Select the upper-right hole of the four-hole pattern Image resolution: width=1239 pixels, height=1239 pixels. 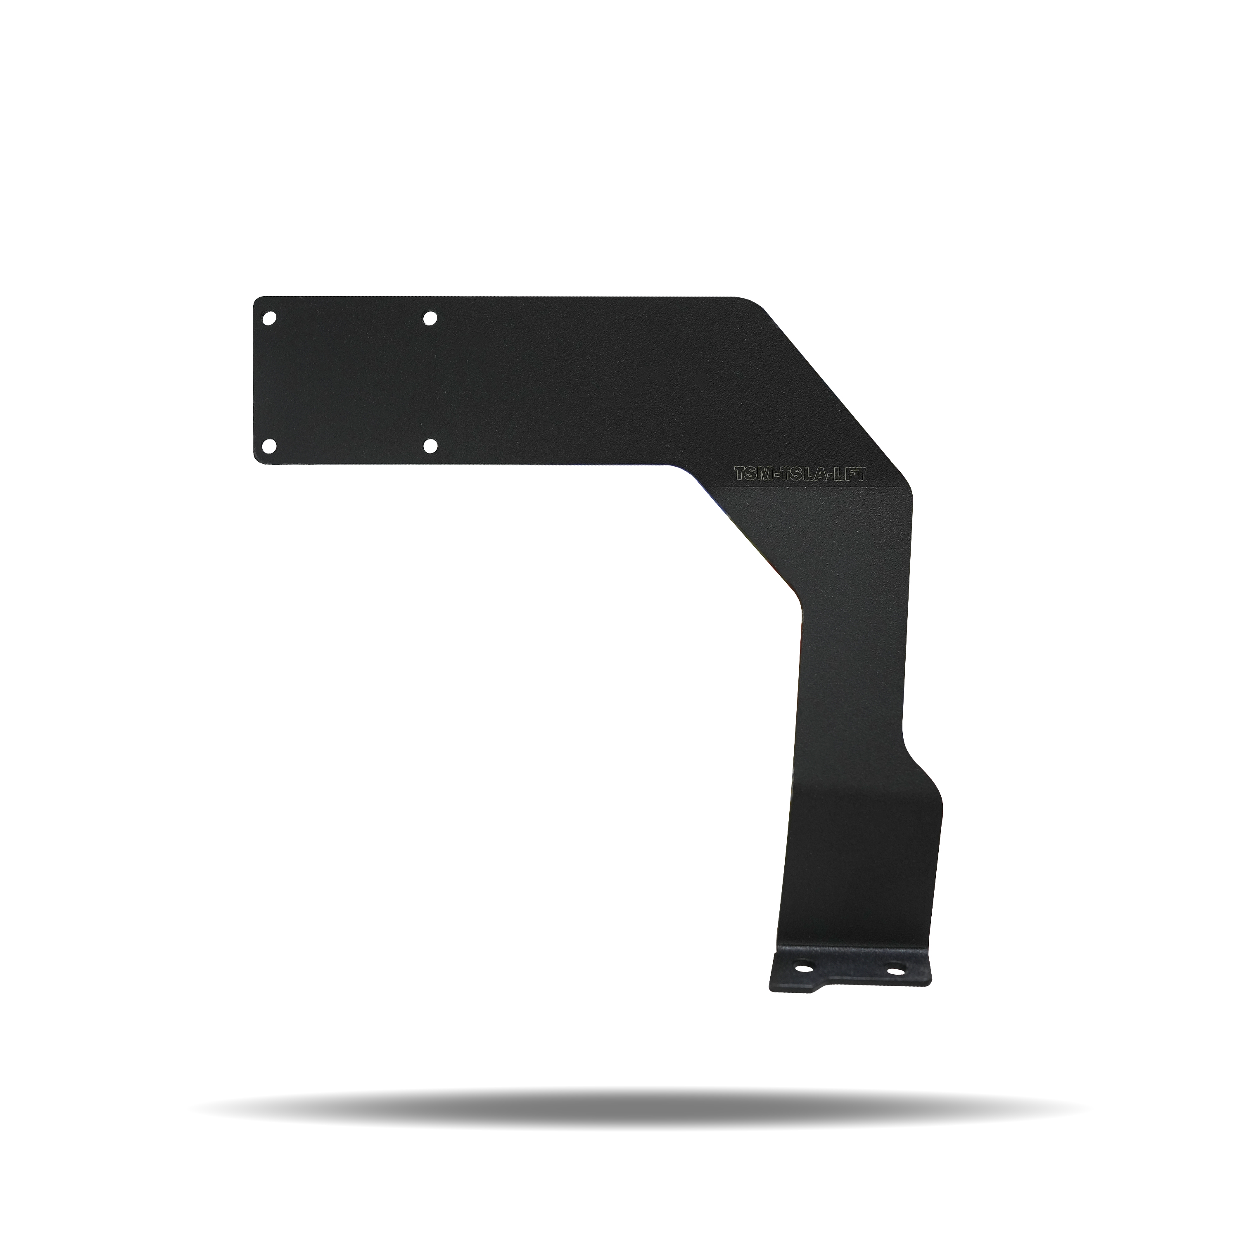click(430, 318)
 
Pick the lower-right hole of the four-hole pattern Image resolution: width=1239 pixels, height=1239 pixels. click(430, 446)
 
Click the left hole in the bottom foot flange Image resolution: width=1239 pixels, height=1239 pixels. click(802, 983)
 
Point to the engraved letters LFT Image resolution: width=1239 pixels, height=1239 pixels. click(852, 475)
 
